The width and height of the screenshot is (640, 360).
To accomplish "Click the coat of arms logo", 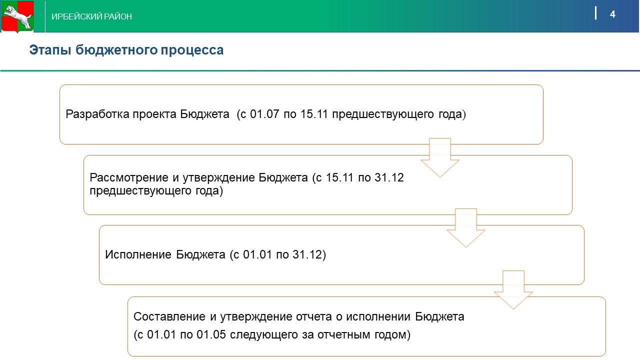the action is click(17, 16).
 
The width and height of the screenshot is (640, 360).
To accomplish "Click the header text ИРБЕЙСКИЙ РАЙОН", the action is click(91, 16).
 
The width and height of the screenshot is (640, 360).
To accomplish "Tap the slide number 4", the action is click(612, 14).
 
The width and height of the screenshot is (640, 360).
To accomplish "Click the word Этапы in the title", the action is click(50, 50).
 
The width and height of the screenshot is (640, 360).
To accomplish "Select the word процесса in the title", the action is click(192, 50).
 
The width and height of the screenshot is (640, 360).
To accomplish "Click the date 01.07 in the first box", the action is click(264, 114).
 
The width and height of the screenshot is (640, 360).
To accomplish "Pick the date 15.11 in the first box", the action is click(314, 114).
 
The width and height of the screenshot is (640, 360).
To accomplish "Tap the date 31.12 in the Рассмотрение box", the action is click(389, 177).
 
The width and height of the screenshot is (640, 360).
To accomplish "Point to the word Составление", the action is click(169, 316).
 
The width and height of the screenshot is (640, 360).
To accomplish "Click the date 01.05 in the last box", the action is click(211, 334).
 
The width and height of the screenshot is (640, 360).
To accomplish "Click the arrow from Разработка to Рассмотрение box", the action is click(440, 157).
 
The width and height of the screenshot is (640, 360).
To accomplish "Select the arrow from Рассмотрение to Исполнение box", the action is click(465, 228).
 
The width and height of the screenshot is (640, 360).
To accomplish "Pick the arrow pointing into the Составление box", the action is click(513, 290).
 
